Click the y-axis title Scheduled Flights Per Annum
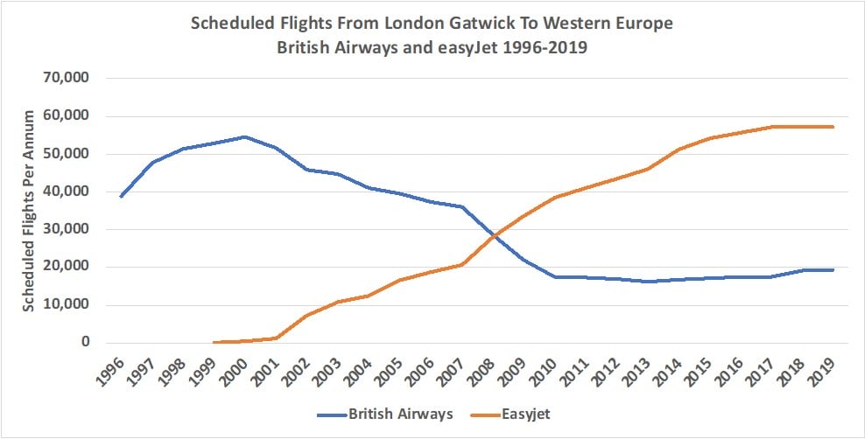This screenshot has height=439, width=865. tap(28, 211)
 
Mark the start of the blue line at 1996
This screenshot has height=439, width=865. tap(121, 197)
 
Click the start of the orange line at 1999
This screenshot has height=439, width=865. tap(214, 342)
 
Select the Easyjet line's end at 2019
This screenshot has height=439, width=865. tap(833, 127)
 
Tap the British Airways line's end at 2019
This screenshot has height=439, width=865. tap(833, 270)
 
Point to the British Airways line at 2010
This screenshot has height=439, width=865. tap(555, 277)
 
